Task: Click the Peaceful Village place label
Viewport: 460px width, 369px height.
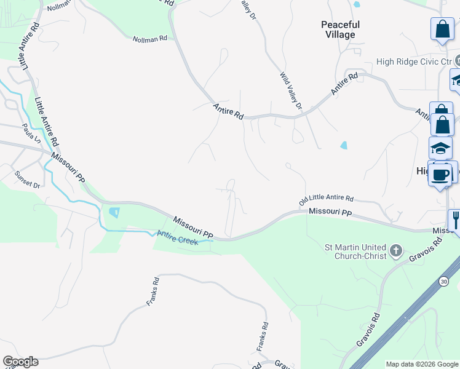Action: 339,30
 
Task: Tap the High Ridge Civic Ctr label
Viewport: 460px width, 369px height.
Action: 414,62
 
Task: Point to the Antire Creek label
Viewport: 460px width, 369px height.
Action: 178,237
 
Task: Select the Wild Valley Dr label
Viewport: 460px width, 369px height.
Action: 291,92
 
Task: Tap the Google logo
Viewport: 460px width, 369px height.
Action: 20,362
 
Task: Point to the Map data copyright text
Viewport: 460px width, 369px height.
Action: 422,364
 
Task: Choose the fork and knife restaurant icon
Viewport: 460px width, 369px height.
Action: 456,219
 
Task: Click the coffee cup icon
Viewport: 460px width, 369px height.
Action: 440,174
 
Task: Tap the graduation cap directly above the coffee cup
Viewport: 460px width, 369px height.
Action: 440,148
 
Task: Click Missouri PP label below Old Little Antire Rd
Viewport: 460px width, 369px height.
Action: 330,212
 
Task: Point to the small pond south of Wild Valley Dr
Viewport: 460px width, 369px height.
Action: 343,146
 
